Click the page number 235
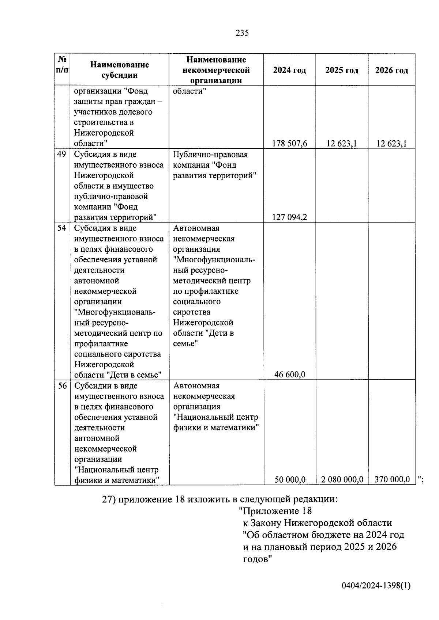pyautogui.click(x=242, y=33)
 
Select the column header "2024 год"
pyautogui.click(x=289, y=70)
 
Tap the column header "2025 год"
pyautogui.click(x=342, y=70)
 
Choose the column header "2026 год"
pyautogui.click(x=391, y=70)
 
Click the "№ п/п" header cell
pyautogui.click(x=62, y=64)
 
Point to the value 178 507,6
pyautogui.click(x=289, y=144)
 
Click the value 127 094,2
pyautogui.click(x=289, y=217)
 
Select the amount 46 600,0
pyautogui.click(x=290, y=374)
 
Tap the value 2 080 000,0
pyautogui.click(x=342, y=479)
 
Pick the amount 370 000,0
pyautogui.click(x=392, y=479)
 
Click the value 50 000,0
pyautogui.click(x=290, y=479)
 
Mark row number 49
pyautogui.click(x=62, y=154)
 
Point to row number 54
pyautogui.click(x=62, y=228)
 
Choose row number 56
pyautogui.click(x=62, y=385)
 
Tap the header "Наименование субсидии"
pyautogui.click(x=119, y=70)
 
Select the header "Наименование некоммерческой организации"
pyautogui.click(x=216, y=70)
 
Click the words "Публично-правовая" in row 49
pyautogui.click(x=210, y=155)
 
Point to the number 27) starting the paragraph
pyautogui.click(x=109, y=499)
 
